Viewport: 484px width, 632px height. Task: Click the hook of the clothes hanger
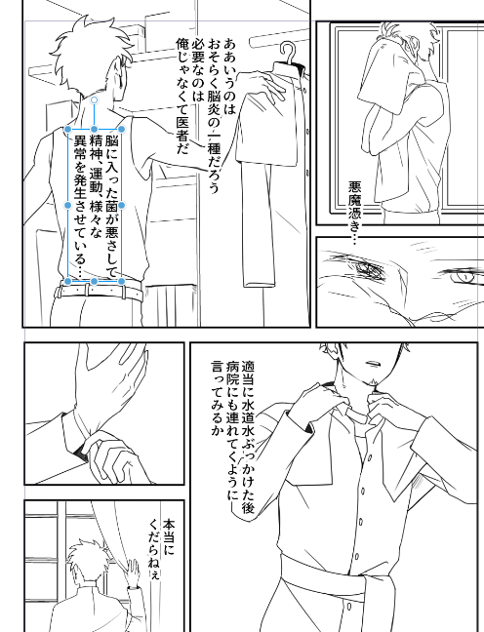pyautogui.click(x=288, y=52)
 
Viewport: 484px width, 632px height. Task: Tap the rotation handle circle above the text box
pyautogui.click(x=94, y=99)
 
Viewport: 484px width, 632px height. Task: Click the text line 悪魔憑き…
pyautogui.click(x=354, y=214)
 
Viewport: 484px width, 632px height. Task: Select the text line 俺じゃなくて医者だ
pyautogui.click(x=181, y=97)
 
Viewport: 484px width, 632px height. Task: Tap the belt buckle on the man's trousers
pyautogui.click(x=86, y=290)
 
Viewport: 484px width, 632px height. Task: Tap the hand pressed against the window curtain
pyautogui.click(x=131, y=572)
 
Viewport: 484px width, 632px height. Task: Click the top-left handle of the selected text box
pyautogui.click(x=67, y=130)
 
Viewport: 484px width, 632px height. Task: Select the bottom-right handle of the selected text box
pyautogui.click(x=121, y=281)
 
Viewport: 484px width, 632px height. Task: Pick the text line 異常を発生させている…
pyautogui.click(x=79, y=206)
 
